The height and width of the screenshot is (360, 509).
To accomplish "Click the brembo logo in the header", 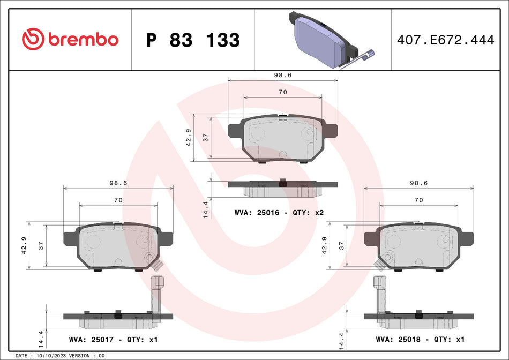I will click(70, 39).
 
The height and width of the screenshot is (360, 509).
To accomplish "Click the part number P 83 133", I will click(193, 40).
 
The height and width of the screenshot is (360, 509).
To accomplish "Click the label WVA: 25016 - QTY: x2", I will click(279, 213).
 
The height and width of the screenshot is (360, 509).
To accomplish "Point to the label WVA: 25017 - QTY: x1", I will click(114, 340).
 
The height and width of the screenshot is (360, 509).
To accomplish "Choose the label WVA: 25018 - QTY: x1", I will click(420, 340).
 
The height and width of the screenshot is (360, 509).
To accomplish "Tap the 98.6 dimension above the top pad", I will click(283, 76).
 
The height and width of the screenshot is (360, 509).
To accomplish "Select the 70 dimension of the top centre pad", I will click(283, 92).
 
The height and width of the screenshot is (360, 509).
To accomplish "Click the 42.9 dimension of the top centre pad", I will click(188, 138).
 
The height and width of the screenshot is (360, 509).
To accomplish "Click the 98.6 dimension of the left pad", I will click(118, 183).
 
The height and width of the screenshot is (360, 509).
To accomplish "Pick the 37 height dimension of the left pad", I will click(41, 246).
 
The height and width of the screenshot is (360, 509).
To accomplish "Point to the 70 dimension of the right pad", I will click(418, 200).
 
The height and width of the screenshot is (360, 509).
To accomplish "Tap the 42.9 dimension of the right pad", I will click(324, 246).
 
